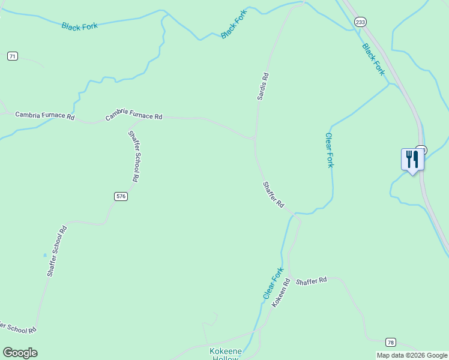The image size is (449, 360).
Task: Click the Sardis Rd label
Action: pyautogui.click(x=263, y=86)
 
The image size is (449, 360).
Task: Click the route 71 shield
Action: pyautogui.click(x=13, y=56)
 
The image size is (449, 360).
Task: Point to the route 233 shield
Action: pyautogui.click(x=360, y=22)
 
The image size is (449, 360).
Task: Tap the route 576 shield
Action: pyautogui.click(x=121, y=196)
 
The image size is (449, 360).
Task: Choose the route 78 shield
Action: pyautogui.click(x=391, y=342)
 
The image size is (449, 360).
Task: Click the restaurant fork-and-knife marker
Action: pyautogui.click(x=412, y=160)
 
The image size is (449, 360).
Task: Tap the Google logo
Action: pyautogui.click(x=20, y=353)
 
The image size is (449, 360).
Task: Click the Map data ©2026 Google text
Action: pyautogui.click(x=412, y=355)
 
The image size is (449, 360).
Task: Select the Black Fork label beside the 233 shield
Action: pyautogui.click(x=373, y=59)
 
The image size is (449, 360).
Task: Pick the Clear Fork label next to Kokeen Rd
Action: pyautogui.click(x=273, y=284)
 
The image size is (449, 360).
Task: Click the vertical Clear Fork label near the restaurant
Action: pyautogui.click(x=329, y=150)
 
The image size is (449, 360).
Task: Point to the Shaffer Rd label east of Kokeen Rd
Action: pyautogui.click(x=311, y=280)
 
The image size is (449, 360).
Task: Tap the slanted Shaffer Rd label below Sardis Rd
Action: pyautogui.click(x=273, y=194)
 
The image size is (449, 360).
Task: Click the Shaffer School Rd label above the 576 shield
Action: pyautogui.click(x=134, y=156)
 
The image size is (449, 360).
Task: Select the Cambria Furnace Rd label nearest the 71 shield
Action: pyautogui.click(x=44, y=115)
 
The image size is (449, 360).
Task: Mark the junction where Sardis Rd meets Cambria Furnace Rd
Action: pyautogui.click(x=255, y=139)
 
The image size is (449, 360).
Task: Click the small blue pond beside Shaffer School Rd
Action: pyautogui.click(x=44, y=255)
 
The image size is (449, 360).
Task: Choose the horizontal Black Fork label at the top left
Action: pyautogui.click(x=79, y=26)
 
